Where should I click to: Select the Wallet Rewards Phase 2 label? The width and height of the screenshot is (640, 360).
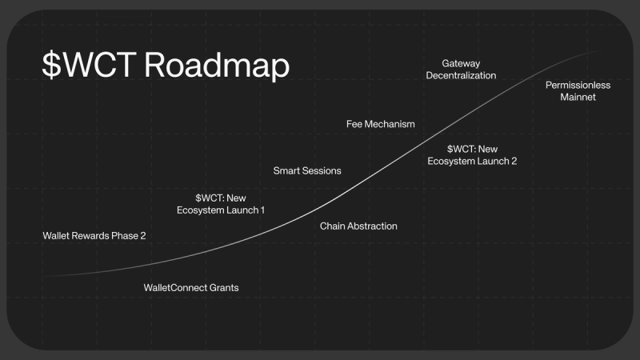[94, 236]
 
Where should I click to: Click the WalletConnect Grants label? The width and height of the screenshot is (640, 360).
[190, 287]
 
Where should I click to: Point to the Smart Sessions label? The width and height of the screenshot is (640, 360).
[307, 170]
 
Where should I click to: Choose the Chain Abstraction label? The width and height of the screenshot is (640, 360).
[358, 226]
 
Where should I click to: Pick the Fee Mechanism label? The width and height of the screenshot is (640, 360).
[381, 124]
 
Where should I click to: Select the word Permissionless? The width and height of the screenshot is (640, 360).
[578, 85]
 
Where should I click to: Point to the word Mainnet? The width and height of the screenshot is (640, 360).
[578, 97]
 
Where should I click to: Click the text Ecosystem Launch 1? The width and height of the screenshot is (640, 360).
[221, 210]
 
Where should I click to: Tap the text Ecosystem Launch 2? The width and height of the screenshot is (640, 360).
[472, 161]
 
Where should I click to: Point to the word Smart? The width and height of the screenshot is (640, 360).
[286, 170]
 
